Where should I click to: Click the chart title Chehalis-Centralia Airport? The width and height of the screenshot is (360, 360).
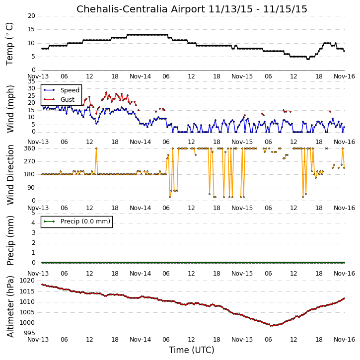tap(141, 9)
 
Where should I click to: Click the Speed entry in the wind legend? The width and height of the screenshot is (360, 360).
tap(70, 90)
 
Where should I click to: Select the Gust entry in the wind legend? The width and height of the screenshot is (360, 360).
tap(68, 100)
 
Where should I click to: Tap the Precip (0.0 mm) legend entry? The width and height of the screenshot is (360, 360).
tap(85, 221)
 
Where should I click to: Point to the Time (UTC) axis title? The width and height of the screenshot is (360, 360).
tap(192, 350)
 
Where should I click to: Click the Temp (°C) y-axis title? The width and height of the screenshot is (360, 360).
tap(9, 44)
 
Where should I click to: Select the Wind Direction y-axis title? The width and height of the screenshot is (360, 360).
tap(10, 175)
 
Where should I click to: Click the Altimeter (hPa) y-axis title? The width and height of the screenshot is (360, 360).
tap(10, 306)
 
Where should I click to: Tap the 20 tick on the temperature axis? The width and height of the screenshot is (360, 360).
tap(31, 16)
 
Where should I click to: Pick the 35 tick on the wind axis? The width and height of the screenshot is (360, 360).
tap(31, 81)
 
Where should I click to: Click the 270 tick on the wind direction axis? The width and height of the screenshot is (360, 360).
tap(30, 161)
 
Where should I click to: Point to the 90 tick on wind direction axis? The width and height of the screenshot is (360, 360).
tap(31, 188)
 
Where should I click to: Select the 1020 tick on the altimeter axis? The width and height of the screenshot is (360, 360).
tap(27, 281)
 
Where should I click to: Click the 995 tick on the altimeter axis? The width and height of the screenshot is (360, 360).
tap(30, 333)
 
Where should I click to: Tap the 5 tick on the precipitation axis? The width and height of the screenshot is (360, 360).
tap(34, 213)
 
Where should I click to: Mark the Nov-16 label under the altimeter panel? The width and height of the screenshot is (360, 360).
tap(345, 340)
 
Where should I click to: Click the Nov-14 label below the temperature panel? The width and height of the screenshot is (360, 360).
tap(141, 76)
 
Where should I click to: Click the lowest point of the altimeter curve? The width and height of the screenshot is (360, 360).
tap(271, 326)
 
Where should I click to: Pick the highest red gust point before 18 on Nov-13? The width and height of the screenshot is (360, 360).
tap(106, 92)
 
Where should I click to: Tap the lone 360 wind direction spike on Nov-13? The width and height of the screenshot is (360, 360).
tap(96, 148)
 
